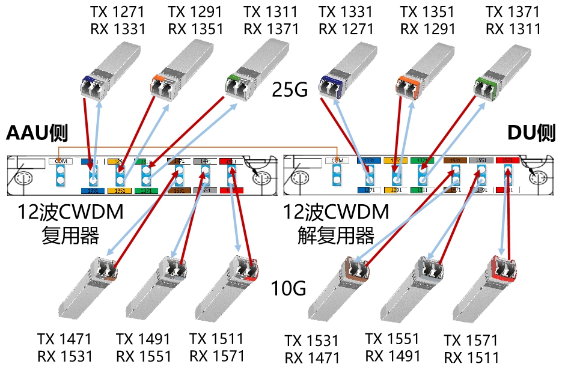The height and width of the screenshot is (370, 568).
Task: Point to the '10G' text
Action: pos(289,289)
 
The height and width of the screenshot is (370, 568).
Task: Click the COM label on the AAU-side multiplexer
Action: pos(60,161)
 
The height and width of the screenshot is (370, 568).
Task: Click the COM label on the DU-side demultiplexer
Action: pos(338,160)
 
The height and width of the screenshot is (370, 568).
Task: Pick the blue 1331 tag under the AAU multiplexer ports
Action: pos(92,190)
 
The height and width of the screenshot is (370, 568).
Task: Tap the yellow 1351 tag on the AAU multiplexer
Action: pos(119,190)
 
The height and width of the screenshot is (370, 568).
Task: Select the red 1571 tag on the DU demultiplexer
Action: pos(508,160)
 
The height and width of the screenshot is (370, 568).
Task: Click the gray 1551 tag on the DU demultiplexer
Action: pos(481,160)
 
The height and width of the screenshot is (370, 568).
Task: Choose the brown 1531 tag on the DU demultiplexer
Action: pos(454,160)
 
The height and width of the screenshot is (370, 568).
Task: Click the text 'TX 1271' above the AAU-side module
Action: pos(117,11)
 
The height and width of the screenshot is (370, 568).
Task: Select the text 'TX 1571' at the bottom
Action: pos(471,341)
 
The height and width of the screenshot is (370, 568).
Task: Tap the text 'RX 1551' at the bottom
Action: pos(144,356)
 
